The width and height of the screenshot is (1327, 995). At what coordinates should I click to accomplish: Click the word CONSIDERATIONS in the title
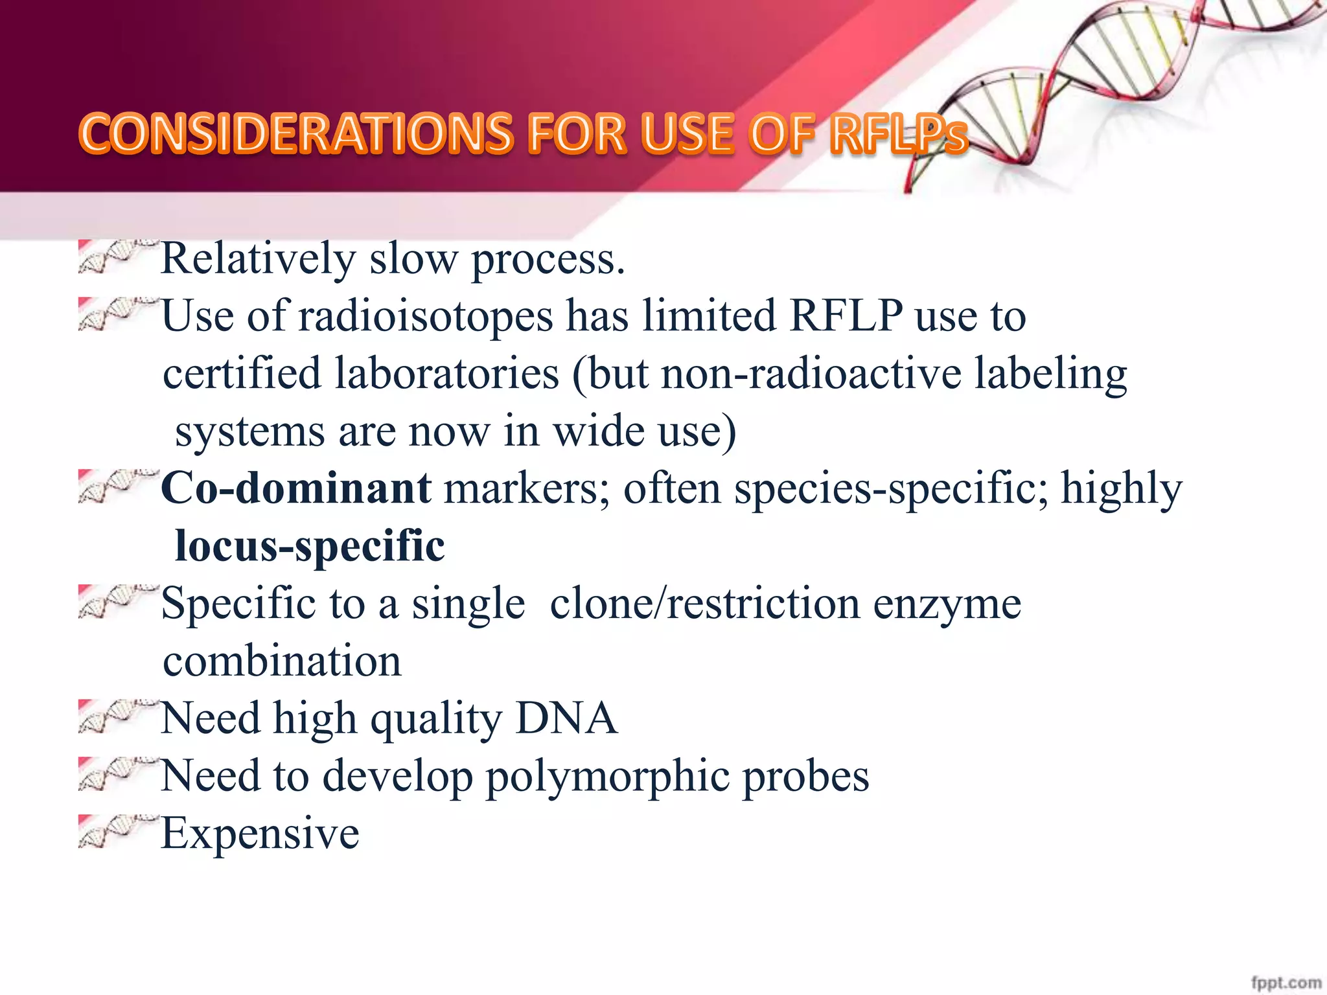pyautogui.click(x=295, y=134)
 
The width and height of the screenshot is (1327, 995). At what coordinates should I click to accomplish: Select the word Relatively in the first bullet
pyautogui.click(x=258, y=258)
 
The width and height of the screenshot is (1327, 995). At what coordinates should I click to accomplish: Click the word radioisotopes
pyautogui.click(x=426, y=317)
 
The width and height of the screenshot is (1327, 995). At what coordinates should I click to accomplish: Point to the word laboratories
pyautogui.click(x=446, y=374)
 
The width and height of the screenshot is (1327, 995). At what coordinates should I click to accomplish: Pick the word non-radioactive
pyautogui.click(x=811, y=374)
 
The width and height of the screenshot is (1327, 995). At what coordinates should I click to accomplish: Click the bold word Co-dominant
pyautogui.click(x=296, y=488)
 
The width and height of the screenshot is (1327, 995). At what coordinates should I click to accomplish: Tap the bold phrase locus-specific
pyautogui.click(x=310, y=546)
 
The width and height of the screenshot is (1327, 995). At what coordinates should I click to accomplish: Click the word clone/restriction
pyautogui.click(x=705, y=604)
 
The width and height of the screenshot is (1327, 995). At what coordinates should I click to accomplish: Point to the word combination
pyautogui.click(x=282, y=661)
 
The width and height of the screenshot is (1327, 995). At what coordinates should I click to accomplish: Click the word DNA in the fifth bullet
pyautogui.click(x=566, y=718)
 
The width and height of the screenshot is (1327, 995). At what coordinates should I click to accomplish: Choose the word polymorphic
pyautogui.click(x=606, y=777)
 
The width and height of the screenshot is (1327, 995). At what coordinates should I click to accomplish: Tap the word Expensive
pyautogui.click(x=260, y=834)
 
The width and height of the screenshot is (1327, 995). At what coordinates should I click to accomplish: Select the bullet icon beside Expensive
pyautogui.click(x=117, y=830)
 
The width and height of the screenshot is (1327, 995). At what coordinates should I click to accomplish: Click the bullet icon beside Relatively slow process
pyautogui.click(x=117, y=256)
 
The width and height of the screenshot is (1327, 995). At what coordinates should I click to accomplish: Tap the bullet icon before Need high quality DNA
pyautogui.click(x=117, y=716)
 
